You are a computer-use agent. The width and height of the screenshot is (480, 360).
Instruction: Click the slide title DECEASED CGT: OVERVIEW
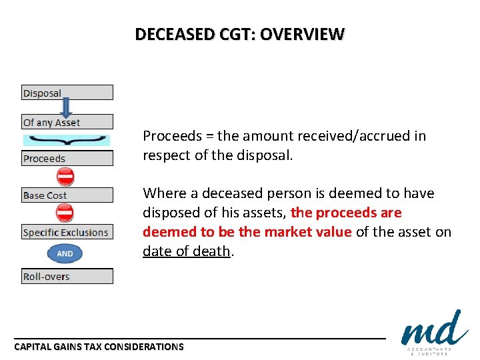(240, 34)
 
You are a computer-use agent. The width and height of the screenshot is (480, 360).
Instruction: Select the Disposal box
(67, 93)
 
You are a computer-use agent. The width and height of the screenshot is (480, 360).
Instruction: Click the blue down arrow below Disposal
(65, 107)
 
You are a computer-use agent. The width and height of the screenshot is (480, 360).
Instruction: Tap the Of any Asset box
(67, 122)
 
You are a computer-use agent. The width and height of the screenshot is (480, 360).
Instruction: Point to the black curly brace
(66, 140)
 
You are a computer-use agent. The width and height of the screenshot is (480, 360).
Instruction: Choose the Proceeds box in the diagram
(67, 159)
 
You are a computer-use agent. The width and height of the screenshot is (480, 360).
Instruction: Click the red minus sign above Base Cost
(65, 177)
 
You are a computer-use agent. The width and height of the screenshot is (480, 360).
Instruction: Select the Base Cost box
(67, 195)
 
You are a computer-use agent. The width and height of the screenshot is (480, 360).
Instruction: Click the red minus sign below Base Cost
(65, 213)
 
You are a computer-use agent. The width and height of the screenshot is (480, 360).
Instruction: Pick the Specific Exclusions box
(67, 233)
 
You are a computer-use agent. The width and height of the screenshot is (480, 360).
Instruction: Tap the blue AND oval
(65, 254)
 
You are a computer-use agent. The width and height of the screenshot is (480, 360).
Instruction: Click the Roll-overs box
(67, 276)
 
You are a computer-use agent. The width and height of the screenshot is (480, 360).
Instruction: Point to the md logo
(434, 330)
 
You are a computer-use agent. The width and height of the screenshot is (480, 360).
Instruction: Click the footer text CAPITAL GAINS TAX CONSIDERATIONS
(99, 347)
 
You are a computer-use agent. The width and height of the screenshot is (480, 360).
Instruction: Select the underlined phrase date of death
(186, 251)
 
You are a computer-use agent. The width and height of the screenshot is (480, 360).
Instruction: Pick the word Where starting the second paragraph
(161, 193)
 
